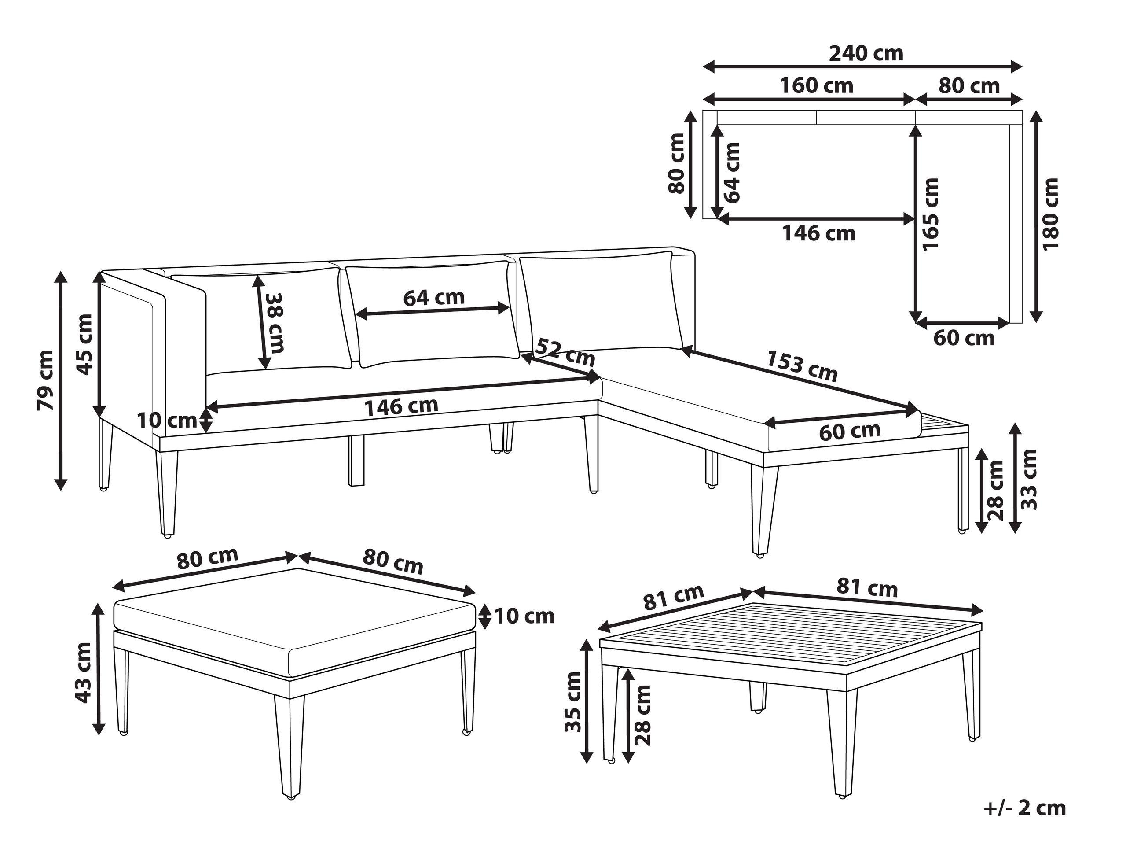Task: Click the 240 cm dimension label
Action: tap(866, 53)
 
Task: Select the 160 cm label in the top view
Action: tap(817, 85)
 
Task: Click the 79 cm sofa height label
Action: tap(45, 380)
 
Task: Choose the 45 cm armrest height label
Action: tap(84, 344)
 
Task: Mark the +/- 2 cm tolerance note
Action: tap(1024, 808)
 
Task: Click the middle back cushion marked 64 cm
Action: tap(433, 313)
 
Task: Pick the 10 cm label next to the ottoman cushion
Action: tap(524, 616)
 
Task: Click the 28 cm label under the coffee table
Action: tap(643, 715)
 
